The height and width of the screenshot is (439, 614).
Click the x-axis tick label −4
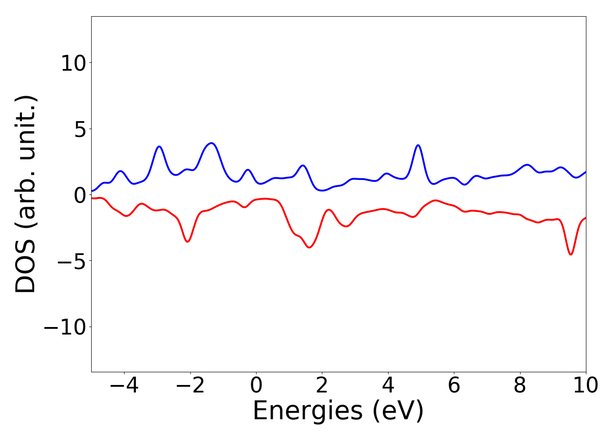(x=124, y=385)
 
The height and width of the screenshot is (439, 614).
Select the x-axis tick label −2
(x=190, y=385)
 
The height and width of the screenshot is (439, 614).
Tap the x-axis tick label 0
(x=256, y=385)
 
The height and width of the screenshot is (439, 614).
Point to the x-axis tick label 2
(x=322, y=385)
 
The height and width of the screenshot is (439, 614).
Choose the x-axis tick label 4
(x=388, y=385)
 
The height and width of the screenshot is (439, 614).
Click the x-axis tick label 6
(x=454, y=385)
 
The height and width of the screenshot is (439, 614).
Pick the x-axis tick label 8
(x=520, y=385)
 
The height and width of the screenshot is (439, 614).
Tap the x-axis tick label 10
(x=585, y=385)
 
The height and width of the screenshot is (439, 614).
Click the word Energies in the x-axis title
(x=307, y=411)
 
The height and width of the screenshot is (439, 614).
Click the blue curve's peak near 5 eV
(x=418, y=145)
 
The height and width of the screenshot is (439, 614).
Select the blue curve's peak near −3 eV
(x=159, y=146)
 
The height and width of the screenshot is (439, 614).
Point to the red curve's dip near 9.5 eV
(x=571, y=254)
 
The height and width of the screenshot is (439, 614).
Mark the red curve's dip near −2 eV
(x=188, y=241)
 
